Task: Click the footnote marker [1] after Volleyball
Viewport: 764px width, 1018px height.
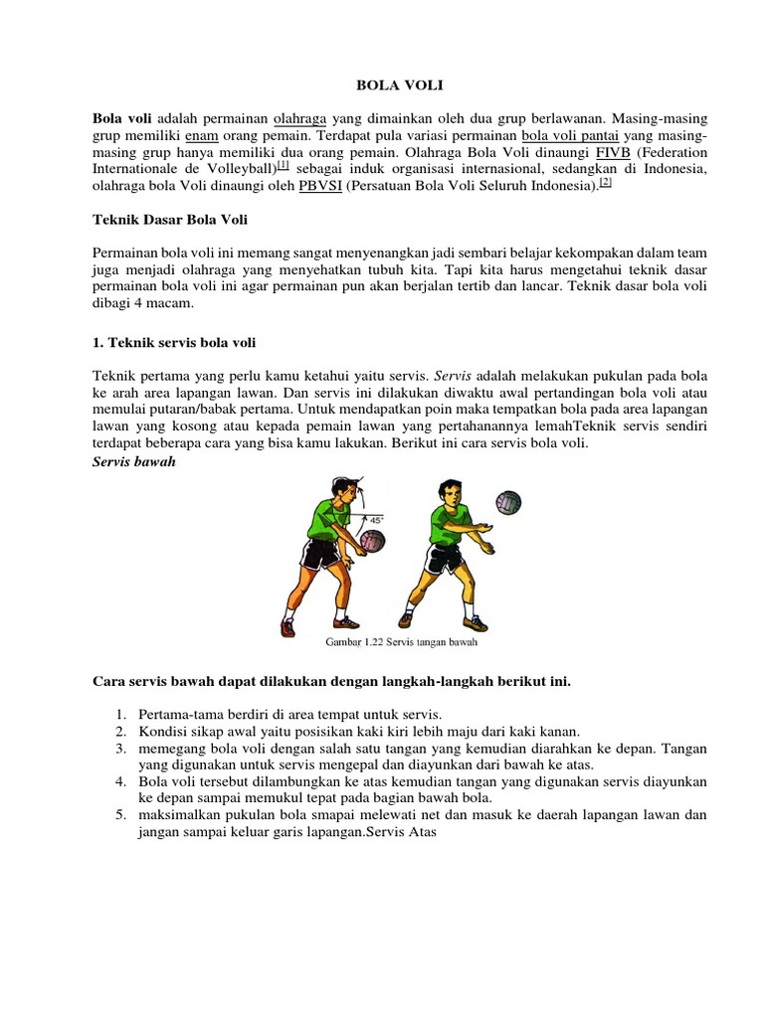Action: [x=283, y=167]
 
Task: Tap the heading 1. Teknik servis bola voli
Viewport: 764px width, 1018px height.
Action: [x=174, y=343]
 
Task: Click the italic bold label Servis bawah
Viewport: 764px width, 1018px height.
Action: [x=133, y=463]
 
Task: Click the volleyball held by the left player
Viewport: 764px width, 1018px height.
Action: [x=372, y=542]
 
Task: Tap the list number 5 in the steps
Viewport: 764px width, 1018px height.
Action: [x=119, y=815]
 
